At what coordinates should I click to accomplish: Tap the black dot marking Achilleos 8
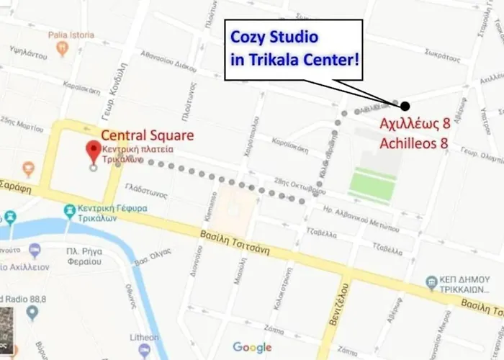tap(405, 105)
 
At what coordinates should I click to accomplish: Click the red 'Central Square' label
tap(147, 135)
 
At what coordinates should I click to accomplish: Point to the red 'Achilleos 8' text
tap(414, 143)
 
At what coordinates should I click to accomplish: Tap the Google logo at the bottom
tap(252, 348)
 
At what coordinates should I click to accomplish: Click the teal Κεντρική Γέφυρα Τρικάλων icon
tap(69, 212)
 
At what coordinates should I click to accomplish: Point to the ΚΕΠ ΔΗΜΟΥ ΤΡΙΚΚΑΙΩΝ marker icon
tap(431, 281)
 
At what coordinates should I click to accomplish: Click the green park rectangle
tap(374, 176)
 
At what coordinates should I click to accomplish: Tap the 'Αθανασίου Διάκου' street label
tap(168, 63)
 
